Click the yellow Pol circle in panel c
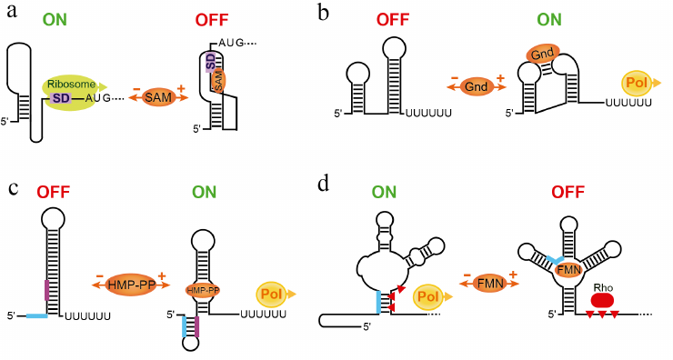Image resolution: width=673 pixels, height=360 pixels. pyautogui.click(x=271, y=295)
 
